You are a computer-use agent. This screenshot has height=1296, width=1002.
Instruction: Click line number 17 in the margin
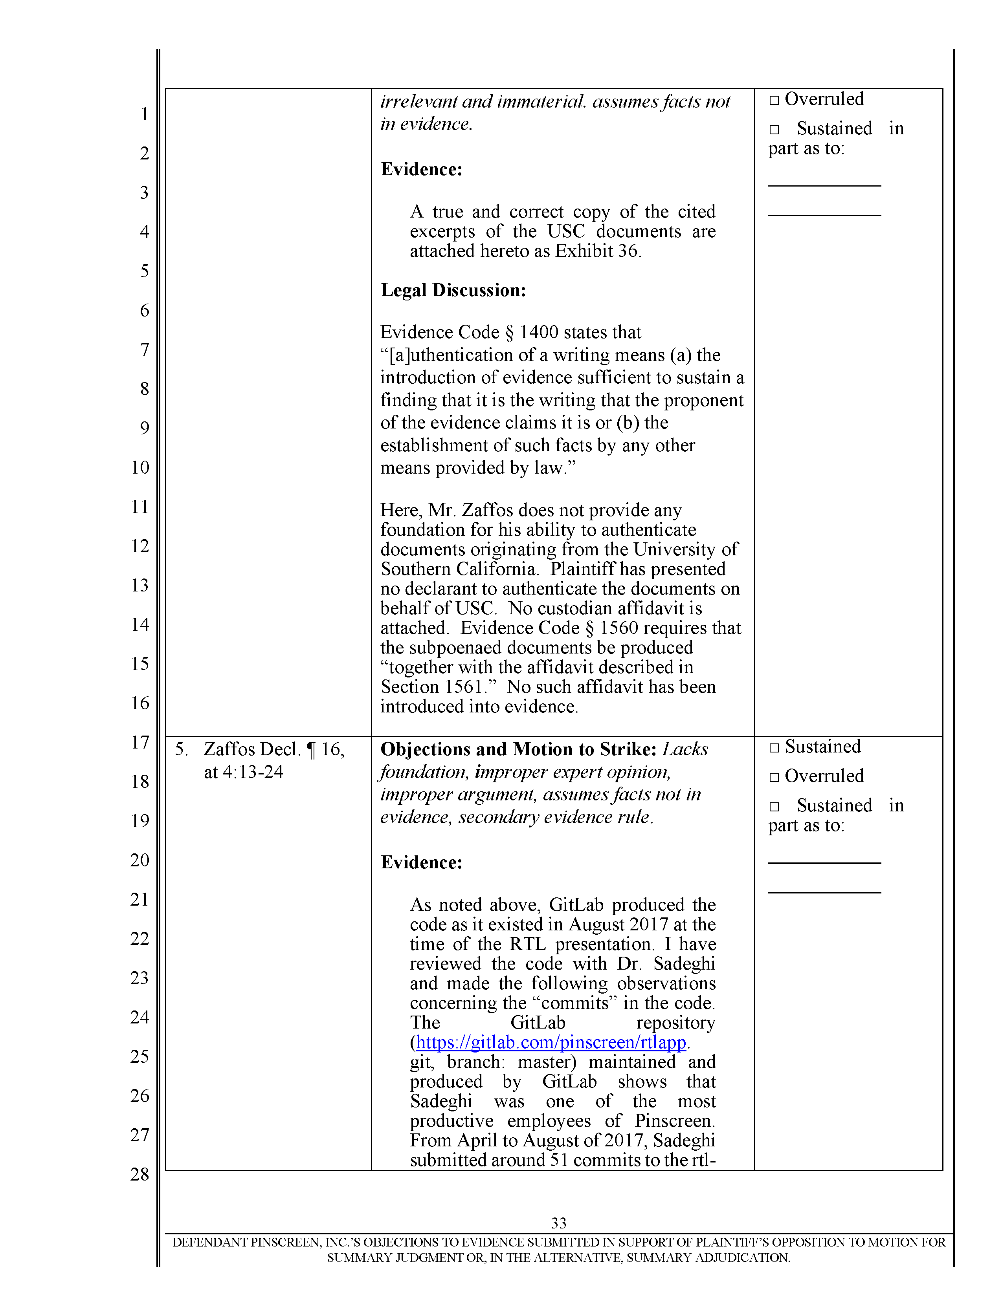(140, 742)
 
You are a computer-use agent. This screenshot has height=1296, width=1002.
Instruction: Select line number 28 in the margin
(140, 1174)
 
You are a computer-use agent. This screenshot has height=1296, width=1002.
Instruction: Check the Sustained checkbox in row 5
(774, 748)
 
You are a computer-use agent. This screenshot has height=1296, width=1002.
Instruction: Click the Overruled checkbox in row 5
(774, 777)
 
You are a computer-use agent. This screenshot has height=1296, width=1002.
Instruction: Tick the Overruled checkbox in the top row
(774, 100)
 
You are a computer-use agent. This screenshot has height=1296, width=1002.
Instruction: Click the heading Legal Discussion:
(453, 290)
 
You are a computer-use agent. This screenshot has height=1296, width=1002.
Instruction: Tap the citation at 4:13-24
(243, 772)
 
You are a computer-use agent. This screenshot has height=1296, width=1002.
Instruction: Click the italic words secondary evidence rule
(555, 817)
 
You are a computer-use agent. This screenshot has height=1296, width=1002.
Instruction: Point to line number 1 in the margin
(144, 114)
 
